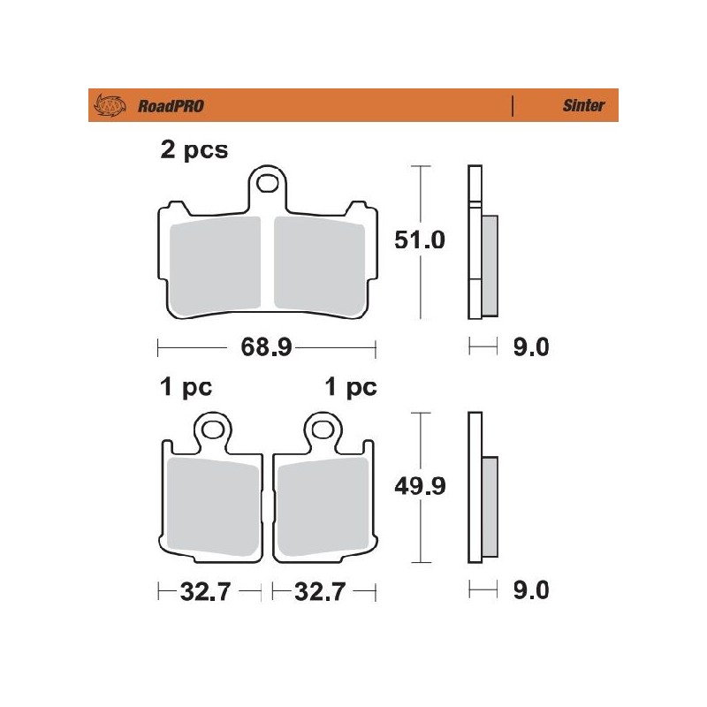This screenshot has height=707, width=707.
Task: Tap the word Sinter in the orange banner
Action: [x=583, y=106]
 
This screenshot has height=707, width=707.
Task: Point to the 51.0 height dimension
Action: [x=421, y=240]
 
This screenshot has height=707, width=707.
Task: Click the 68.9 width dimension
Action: [x=266, y=348]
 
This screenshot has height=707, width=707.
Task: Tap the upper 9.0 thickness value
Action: [x=530, y=347]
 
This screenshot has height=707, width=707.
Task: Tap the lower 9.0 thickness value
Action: [x=530, y=590]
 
